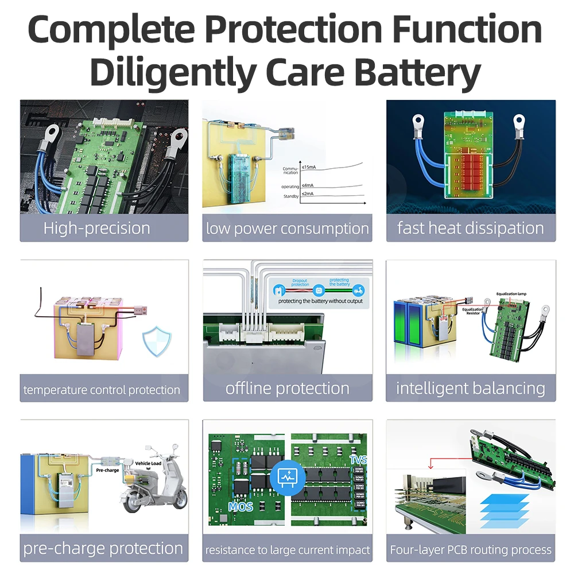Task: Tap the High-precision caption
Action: point(96,228)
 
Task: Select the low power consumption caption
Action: point(288,228)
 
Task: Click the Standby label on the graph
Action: point(291,197)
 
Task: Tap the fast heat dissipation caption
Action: point(471,228)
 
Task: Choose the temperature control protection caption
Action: point(102,390)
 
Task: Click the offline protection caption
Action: point(288,388)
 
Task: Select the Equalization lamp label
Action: point(511,293)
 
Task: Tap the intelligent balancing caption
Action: point(471,388)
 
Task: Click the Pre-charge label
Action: point(107,470)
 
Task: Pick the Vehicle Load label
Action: point(148,463)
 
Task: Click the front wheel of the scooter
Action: point(177,506)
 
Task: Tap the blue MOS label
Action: point(241,507)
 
